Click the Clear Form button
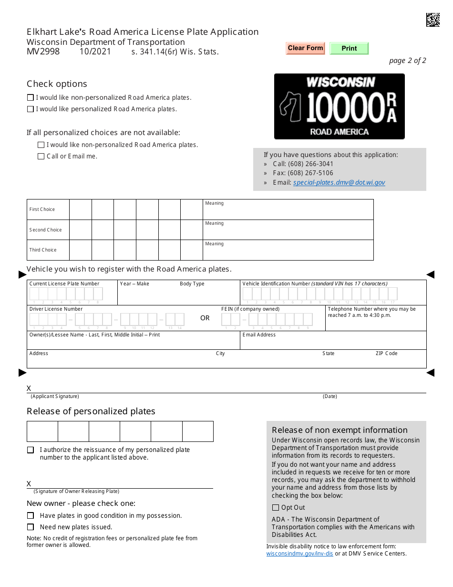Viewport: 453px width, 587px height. [305, 48]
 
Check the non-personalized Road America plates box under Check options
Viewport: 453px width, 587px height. [31, 97]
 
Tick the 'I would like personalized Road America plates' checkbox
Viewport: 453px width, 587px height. [31, 109]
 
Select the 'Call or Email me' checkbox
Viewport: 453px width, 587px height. [41, 156]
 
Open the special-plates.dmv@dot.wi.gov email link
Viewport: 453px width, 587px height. [339, 182]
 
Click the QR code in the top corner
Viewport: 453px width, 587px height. [432, 20]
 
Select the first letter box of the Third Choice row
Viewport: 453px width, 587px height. [80, 250]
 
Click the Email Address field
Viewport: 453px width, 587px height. [332, 343]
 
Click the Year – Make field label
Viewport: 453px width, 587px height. [134, 283]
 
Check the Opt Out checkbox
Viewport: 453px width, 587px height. [276, 508]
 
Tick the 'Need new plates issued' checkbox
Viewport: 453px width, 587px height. [31, 527]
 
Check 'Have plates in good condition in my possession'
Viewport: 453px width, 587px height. [31, 516]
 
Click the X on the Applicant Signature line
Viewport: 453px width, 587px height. [29, 388]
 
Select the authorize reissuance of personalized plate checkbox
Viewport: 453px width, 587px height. [31, 450]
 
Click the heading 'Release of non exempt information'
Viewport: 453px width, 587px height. [340, 430]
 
